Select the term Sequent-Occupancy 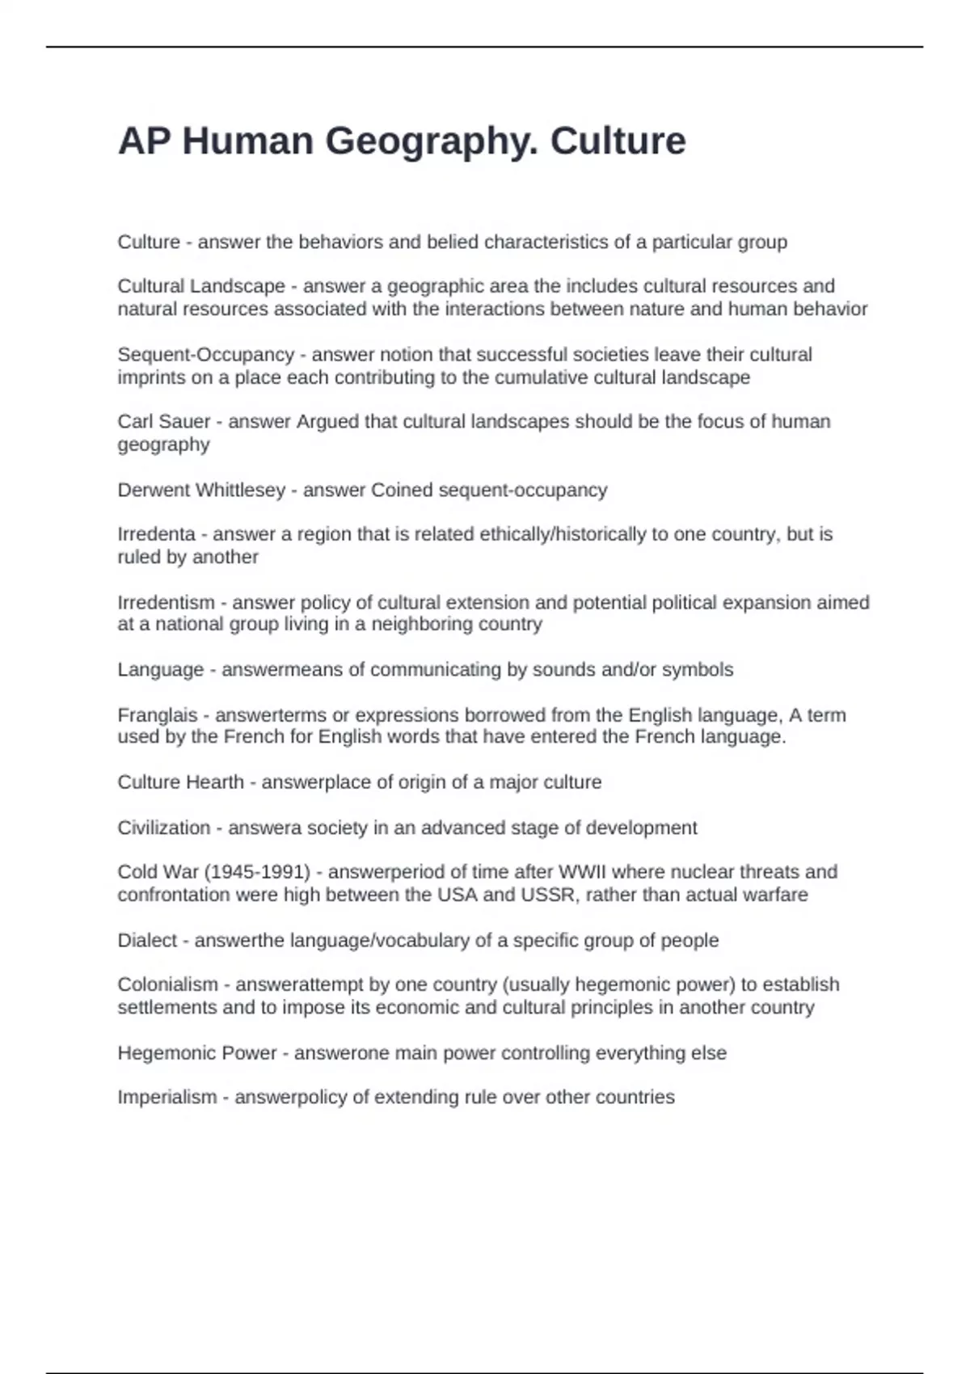(x=205, y=355)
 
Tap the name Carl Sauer (x=164, y=422)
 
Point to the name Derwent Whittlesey (x=201, y=491)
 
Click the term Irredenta (x=156, y=534)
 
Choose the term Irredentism (x=166, y=603)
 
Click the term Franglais (x=158, y=715)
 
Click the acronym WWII (x=577, y=872)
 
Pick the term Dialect (x=147, y=941)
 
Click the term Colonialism (x=167, y=984)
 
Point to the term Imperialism (x=167, y=1098)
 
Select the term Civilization (x=164, y=828)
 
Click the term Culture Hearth (x=180, y=782)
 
